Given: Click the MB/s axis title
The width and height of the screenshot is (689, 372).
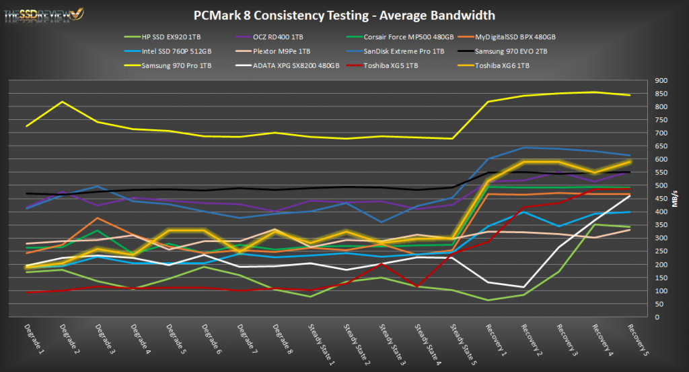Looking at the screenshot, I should (674, 199).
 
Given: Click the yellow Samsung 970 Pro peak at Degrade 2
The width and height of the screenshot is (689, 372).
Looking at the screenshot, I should (63, 102).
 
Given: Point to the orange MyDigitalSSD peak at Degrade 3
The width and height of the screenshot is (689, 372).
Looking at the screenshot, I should (98, 218).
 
